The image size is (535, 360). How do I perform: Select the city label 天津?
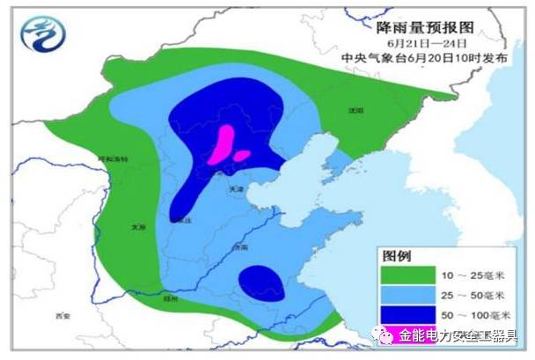[235, 187]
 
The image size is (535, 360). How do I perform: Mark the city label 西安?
[60, 314]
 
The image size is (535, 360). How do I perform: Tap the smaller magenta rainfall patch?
[241, 156]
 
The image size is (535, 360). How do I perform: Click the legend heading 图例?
[395, 256]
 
